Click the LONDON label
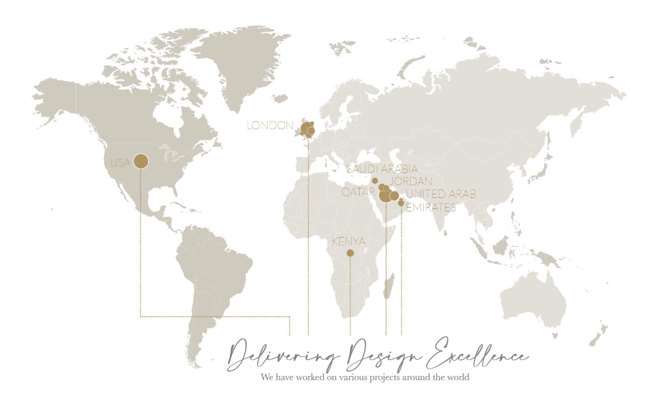(x=269, y=126)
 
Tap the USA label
(x=120, y=163)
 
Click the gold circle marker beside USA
(x=141, y=161)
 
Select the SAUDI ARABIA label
(x=382, y=169)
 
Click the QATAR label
(x=358, y=192)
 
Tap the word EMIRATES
(x=430, y=207)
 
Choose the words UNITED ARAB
(x=441, y=194)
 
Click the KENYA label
(x=349, y=242)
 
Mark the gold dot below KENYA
(x=350, y=253)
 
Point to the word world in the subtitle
(x=457, y=377)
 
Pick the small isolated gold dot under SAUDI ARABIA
(x=375, y=181)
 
